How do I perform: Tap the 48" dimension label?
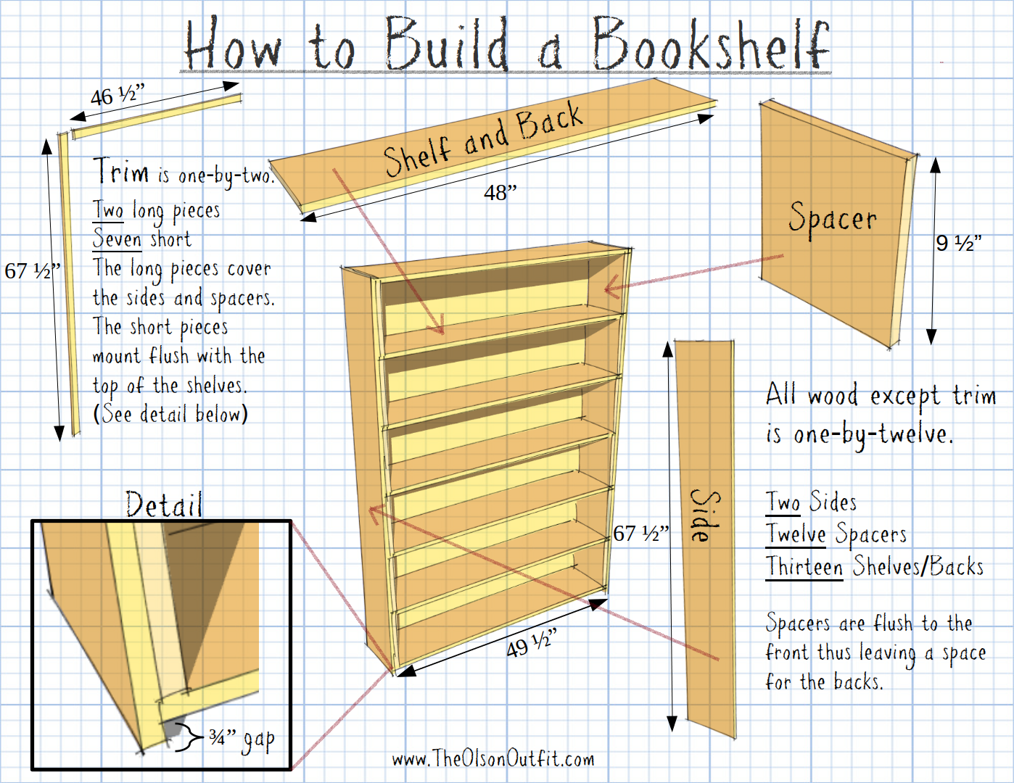click(x=500, y=193)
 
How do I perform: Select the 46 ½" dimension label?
click(x=118, y=95)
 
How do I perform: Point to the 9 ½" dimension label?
click(x=958, y=243)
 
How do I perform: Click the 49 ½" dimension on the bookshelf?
click(x=531, y=643)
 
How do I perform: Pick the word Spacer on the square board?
click(x=833, y=218)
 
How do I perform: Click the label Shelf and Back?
click(x=482, y=140)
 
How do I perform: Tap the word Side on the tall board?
click(x=704, y=515)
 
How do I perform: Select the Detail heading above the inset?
click(x=164, y=505)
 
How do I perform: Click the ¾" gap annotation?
click(x=242, y=739)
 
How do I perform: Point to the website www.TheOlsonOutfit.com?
click(x=493, y=759)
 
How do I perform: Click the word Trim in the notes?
click(x=121, y=172)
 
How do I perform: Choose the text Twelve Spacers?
click(x=836, y=534)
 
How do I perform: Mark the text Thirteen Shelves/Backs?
click(x=875, y=566)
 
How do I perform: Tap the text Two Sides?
click(x=812, y=502)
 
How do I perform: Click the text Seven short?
click(x=142, y=239)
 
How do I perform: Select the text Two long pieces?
click(x=157, y=210)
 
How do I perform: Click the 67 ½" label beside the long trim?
click(x=31, y=271)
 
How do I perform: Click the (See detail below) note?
click(x=171, y=414)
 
